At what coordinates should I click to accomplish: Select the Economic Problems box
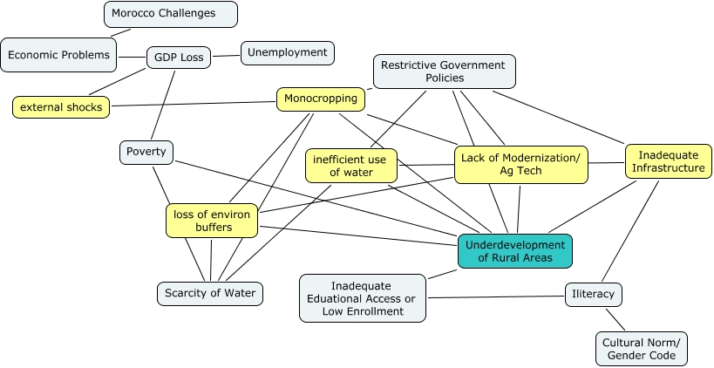tap(59, 54)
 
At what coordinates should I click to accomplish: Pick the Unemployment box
tap(287, 52)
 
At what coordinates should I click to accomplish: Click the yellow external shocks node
tap(61, 107)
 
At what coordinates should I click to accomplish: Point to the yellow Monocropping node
tap(321, 99)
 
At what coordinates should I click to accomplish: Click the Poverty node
tap(146, 152)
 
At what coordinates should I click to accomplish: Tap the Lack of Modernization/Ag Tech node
tap(520, 165)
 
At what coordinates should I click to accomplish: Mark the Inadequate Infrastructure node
tap(668, 161)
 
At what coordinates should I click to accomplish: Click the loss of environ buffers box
tap(213, 221)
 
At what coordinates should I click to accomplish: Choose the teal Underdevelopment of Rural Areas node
tap(515, 251)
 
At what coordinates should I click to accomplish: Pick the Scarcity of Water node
tap(210, 293)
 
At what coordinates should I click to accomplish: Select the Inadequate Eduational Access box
tap(363, 297)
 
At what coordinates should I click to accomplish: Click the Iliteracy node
tap(594, 295)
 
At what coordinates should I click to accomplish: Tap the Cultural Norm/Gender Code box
tap(642, 349)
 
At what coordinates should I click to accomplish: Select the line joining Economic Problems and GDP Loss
tap(131, 57)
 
